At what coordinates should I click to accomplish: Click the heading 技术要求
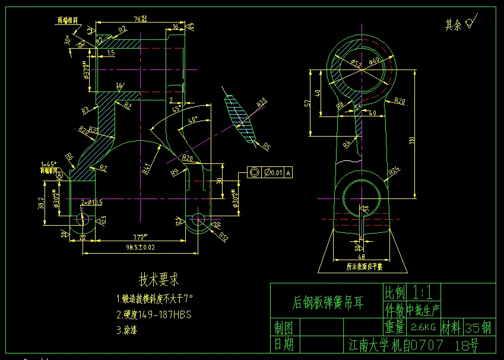pyautogui.click(x=159, y=279)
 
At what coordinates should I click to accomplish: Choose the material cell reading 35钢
pyautogui.click(x=478, y=327)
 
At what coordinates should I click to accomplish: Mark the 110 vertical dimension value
pyautogui.click(x=412, y=140)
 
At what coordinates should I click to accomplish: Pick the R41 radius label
pyautogui.click(x=146, y=168)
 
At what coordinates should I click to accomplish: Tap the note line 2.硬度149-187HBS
pyautogui.click(x=154, y=314)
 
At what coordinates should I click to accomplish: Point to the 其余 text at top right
pyautogui.click(x=454, y=24)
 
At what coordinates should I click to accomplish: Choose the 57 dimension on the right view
pyautogui.click(x=307, y=102)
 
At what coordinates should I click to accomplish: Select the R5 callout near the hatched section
pyautogui.click(x=267, y=146)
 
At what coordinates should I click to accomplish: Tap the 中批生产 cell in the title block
pyautogui.click(x=423, y=310)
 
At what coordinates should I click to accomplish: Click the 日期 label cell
pyautogui.click(x=283, y=344)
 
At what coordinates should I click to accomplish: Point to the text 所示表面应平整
pyautogui.click(x=363, y=267)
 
